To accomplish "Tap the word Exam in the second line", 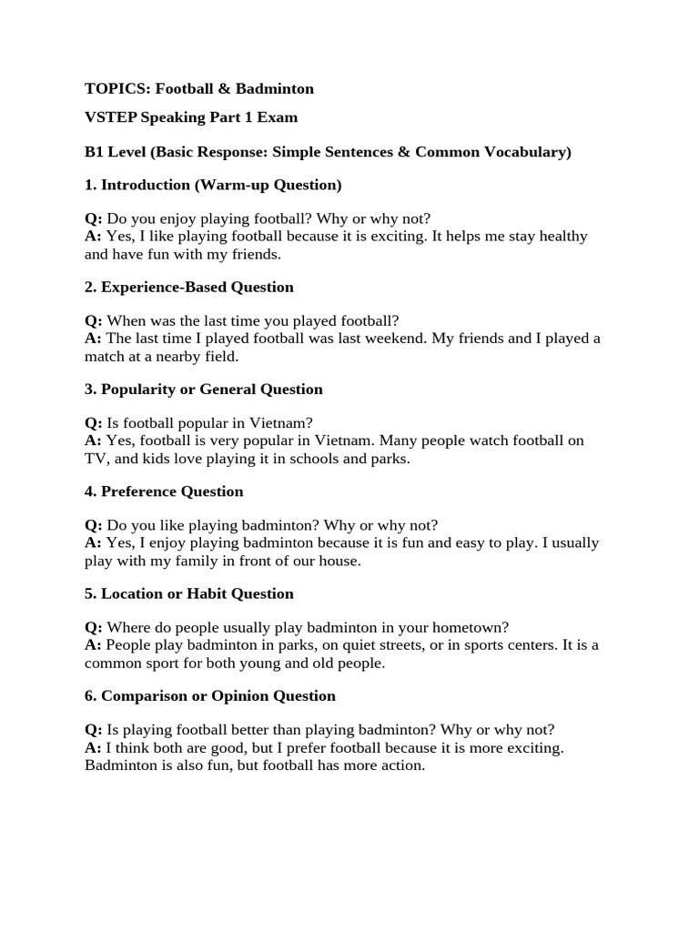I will tap(279, 117).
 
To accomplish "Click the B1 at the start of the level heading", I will tap(95, 152).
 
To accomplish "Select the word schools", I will tap(317, 459).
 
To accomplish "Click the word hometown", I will tap(470, 627).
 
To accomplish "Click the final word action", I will tap(402, 765).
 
